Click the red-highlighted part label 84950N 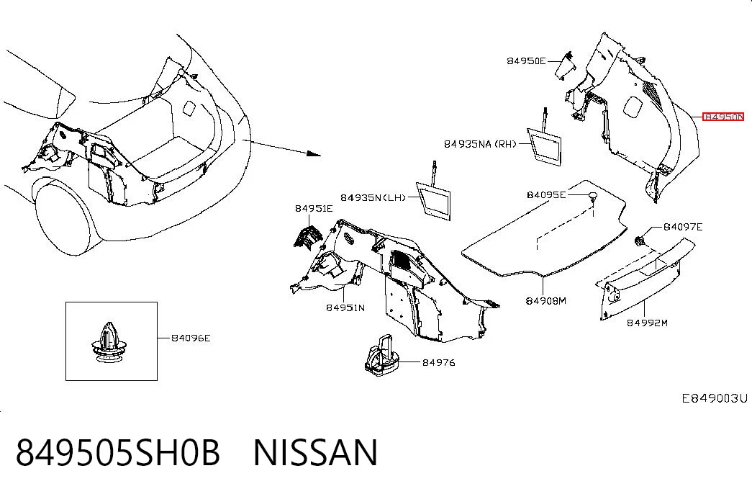[722, 117]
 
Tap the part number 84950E [526, 61]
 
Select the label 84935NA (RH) [479, 144]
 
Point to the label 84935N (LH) [373, 198]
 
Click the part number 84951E [314, 208]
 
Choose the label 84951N [345, 307]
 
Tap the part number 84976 [439, 362]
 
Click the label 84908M [545, 301]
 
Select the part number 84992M [648, 323]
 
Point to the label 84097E [683, 227]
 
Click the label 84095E [546, 194]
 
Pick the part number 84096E [191, 338]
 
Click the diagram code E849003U [715, 398]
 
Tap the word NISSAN [316, 452]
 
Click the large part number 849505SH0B [118, 452]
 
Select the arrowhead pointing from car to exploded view [314, 153]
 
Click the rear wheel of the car [63, 225]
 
